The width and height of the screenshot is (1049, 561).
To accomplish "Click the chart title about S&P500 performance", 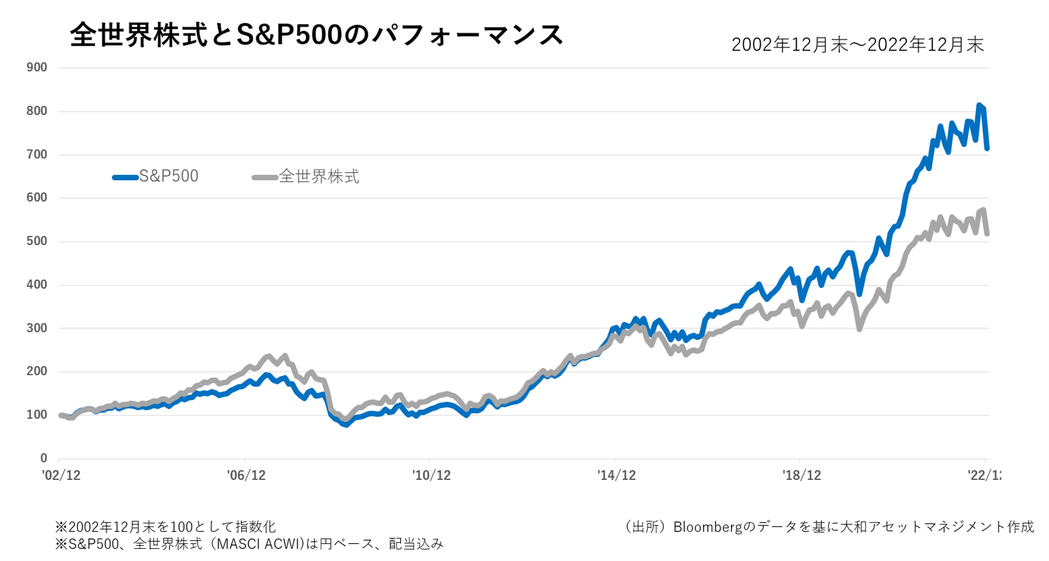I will click(317, 35).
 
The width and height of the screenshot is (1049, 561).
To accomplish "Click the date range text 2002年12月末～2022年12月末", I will click(857, 44).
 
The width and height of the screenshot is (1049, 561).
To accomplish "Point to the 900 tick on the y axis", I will click(37, 68).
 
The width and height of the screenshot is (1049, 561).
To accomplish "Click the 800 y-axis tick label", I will click(37, 111).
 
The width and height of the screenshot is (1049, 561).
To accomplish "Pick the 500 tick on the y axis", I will click(37, 241).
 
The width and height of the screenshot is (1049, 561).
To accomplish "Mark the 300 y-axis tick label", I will click(37, 328).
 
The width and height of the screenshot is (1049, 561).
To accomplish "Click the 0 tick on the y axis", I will click(43, 458).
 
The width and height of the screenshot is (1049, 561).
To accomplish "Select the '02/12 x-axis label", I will click(61, 476).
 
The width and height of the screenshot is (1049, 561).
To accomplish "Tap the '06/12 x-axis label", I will click(246, 476).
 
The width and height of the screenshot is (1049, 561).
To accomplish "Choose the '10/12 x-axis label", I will click(431, 476).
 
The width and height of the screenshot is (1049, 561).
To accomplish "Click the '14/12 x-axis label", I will click(616, 476).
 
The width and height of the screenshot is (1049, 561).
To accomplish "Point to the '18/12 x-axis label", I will click(802, 476).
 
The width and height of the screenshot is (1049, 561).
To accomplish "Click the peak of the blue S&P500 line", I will click(979, 106).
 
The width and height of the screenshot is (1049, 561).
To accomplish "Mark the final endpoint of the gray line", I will click(987, 233).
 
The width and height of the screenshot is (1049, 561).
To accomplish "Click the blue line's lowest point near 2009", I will click(346, 425).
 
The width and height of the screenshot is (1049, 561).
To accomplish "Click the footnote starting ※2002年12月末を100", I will click(166, 527).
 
